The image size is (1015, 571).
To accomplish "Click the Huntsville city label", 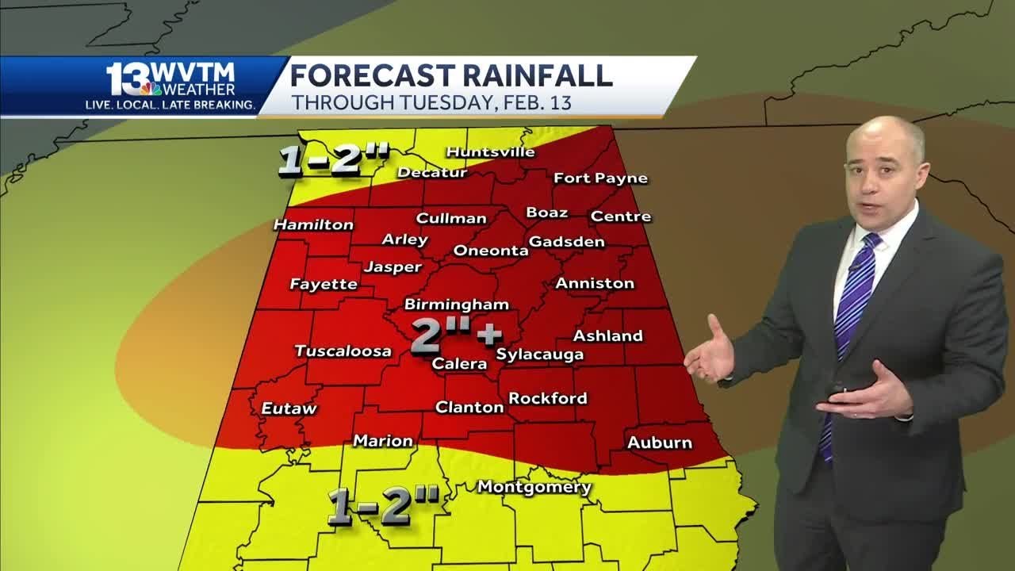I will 490,151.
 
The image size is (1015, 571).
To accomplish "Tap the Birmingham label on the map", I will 456,305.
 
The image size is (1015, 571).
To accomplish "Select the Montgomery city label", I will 534,487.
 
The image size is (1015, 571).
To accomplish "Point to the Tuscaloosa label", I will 343,351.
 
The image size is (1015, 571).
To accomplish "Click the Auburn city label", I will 659,443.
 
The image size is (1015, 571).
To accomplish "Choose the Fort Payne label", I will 600,178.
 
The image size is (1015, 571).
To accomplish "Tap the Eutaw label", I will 289,408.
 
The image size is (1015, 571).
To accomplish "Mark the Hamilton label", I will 313,224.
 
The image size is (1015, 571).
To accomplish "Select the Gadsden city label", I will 566,242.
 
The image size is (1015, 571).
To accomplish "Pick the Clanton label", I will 469,407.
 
